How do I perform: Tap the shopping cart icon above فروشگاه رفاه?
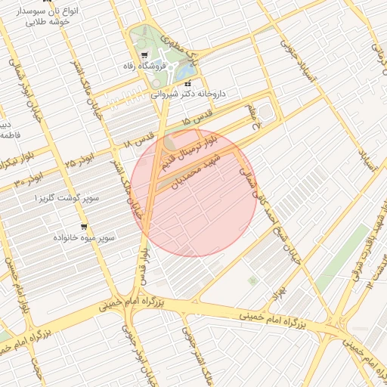144,55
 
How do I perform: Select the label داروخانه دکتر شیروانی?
190,94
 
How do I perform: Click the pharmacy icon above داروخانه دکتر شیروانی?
187,83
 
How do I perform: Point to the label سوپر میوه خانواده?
83,237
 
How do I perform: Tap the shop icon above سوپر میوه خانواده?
83,226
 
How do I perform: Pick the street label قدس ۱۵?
198,119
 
